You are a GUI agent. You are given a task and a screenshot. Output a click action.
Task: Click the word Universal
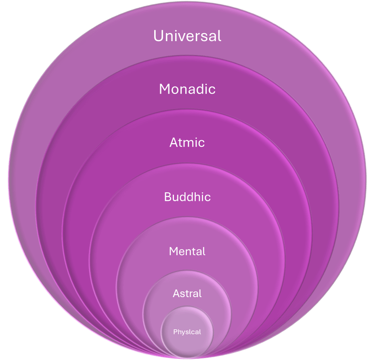(x=187, y=36)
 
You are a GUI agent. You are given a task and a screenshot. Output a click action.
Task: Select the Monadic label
(x=187, y=89)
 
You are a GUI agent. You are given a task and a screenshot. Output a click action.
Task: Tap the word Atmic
(x=187, y=142)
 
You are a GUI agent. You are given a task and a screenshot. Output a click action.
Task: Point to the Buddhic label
(x=187, y=197)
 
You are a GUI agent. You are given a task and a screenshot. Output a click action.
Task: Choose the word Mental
(x=187, y=251)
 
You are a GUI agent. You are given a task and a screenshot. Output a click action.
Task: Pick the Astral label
(x=187, y=293)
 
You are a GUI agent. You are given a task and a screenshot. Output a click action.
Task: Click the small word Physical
(x=187, y=332)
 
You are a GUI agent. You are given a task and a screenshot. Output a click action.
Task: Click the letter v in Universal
(x=181, y=37)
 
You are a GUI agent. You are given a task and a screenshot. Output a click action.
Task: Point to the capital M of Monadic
(x=165, y=89)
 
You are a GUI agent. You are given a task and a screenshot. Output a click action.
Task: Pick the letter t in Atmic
(x=180, y=143)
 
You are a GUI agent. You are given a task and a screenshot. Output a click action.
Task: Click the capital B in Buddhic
(x=168, y=197)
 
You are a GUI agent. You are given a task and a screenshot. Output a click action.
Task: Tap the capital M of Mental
(x=173, y=251)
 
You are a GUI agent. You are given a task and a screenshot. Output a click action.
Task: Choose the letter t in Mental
(x=195, y=252)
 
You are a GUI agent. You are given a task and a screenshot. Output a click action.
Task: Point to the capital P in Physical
(x=175, y=332)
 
